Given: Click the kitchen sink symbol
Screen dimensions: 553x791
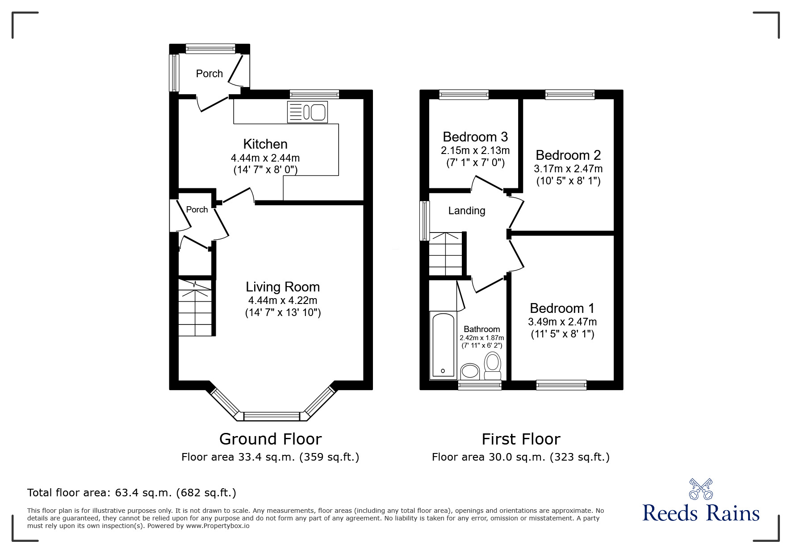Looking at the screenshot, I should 308,112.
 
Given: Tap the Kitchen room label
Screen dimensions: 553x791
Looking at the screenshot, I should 265,144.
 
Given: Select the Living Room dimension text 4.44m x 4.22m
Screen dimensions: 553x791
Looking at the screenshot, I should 283,300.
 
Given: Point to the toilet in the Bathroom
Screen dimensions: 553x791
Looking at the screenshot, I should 493,366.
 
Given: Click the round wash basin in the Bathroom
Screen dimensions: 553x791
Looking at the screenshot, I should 470,370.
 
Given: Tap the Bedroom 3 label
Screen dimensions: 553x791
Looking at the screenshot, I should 475,136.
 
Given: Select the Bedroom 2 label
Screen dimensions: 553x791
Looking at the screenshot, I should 568,155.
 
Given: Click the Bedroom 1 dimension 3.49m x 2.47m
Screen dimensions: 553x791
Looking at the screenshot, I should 562,322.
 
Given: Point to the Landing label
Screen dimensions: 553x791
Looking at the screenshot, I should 467,211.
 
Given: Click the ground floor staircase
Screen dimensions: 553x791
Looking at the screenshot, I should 196,308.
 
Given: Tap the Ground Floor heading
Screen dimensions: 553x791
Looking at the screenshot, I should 270,439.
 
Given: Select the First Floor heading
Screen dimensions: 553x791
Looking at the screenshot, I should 521,439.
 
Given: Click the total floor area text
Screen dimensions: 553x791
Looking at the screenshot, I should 132,493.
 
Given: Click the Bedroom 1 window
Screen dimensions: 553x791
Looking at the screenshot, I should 561,385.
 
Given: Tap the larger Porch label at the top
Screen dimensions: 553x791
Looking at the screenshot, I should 209,74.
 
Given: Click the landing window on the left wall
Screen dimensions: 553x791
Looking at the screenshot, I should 425,220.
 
